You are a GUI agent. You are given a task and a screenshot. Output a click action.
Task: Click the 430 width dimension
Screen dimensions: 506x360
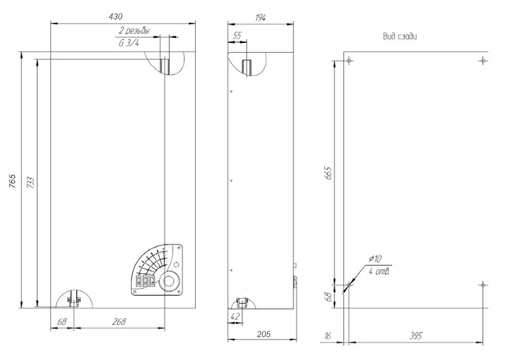click(115, 17)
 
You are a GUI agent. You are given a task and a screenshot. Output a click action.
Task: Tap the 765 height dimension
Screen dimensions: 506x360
click(12, 181)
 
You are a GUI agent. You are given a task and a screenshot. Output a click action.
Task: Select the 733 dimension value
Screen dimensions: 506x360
click(30, 183)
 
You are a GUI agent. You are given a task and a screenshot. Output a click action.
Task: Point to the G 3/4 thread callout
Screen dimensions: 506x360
click(128, 43)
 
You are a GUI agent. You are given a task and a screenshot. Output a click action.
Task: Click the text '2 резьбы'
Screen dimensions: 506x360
click(134, 31)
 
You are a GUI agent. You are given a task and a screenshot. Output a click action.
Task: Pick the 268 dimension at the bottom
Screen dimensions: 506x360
click(119, 322)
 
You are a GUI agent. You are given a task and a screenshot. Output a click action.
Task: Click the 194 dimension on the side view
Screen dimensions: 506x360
click(260, 17)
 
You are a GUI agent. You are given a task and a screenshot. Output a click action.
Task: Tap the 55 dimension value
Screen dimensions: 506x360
click(237, 36)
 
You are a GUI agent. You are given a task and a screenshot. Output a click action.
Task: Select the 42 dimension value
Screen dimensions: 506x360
click(236, 316)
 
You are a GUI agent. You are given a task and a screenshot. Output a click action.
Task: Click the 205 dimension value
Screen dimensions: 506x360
click(263, 334)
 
